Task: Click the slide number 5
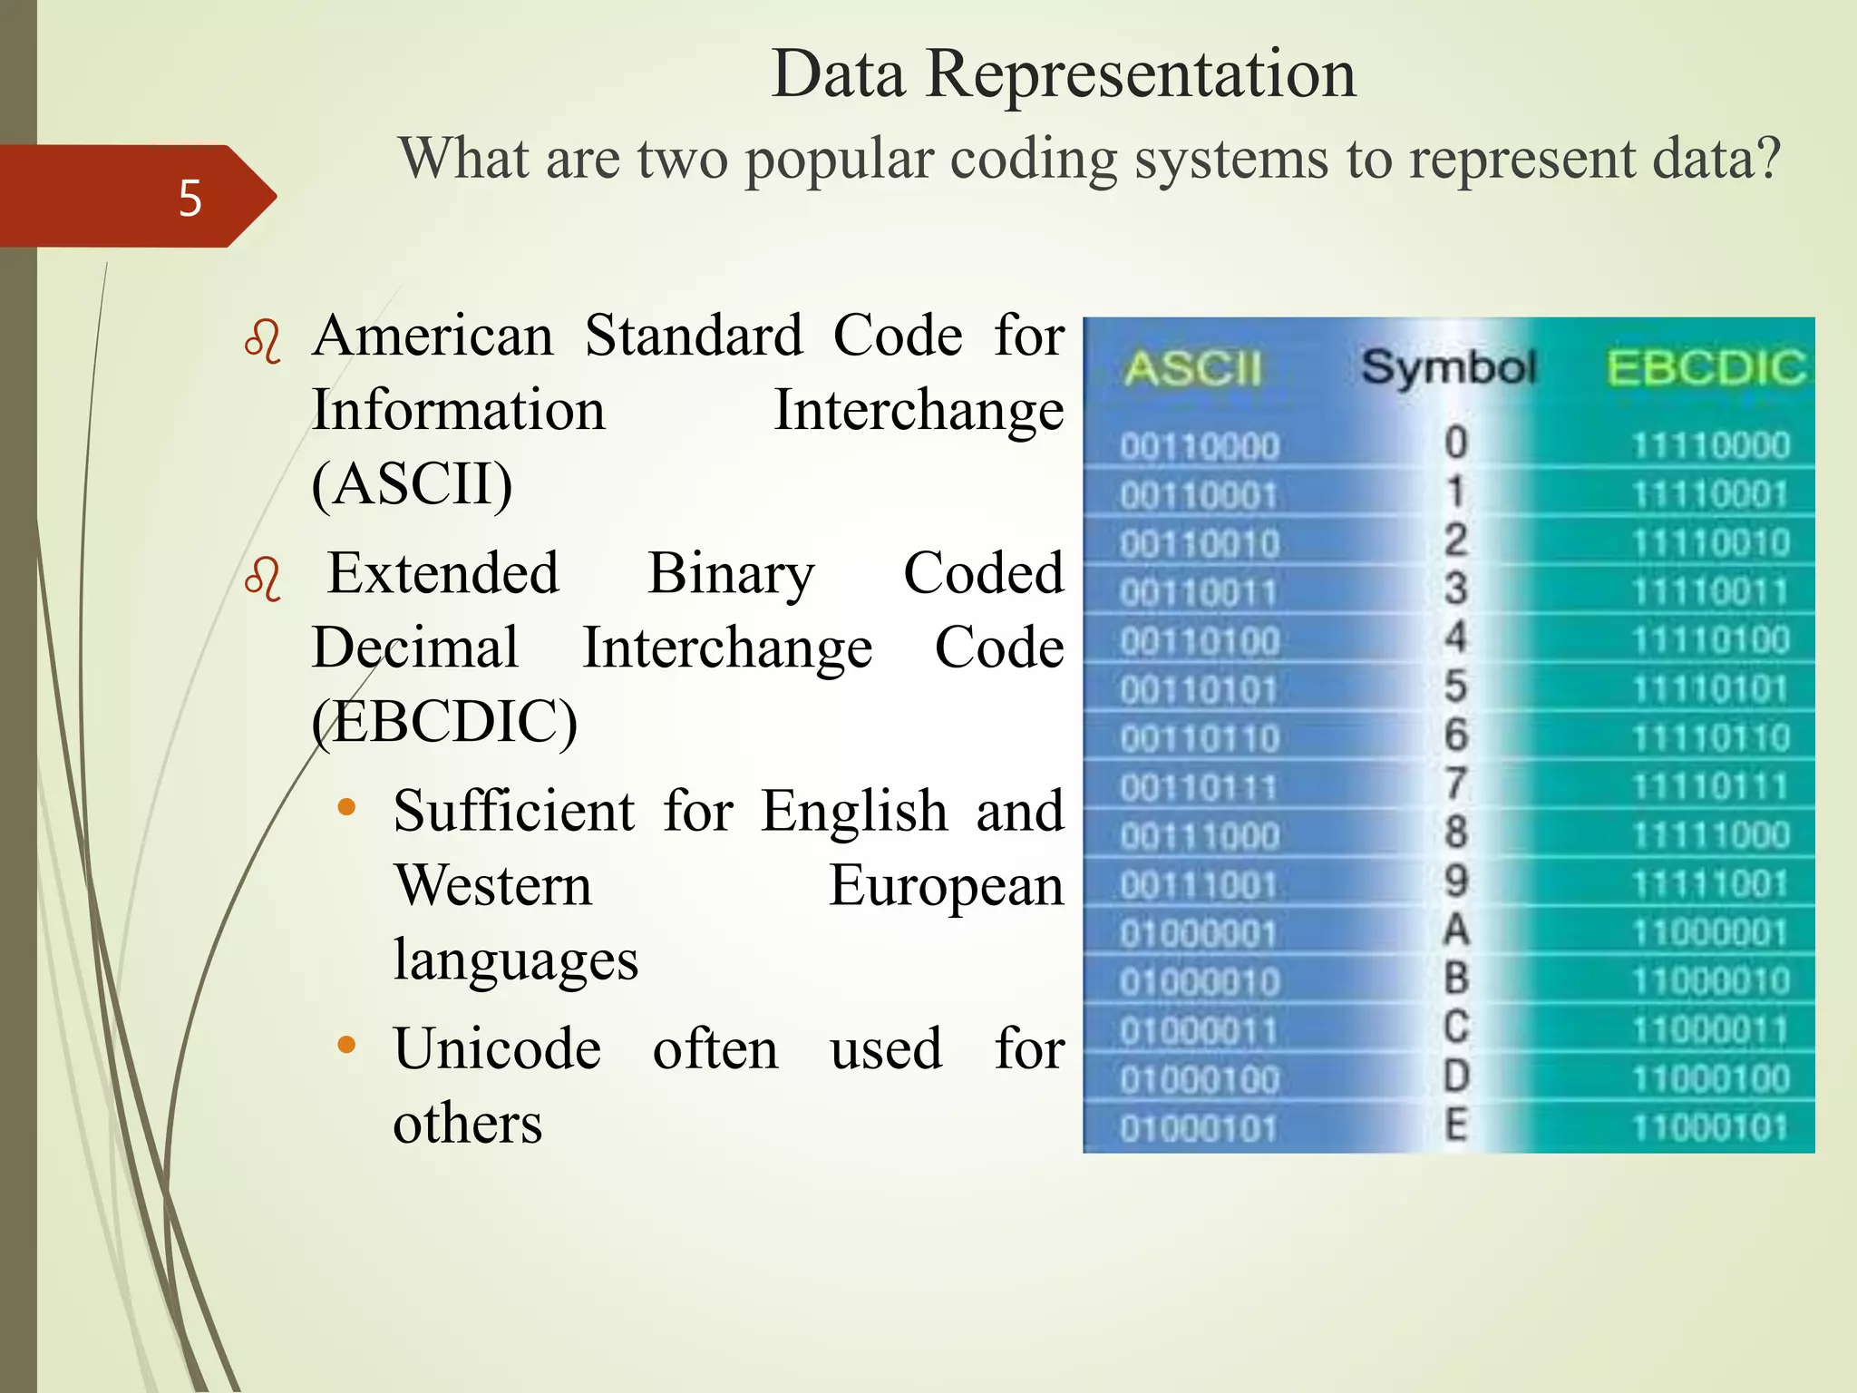point(190,198)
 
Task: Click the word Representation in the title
point(1140,74)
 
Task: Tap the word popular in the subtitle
point(839,160)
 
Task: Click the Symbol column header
point(1448,367)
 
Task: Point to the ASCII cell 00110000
point(1199,447)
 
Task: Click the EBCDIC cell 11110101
point(1710,690)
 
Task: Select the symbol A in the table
point(1455,930)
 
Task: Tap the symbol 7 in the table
point(1455,784)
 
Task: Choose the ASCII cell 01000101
point(1199,1129)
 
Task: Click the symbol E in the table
point(1455,1125)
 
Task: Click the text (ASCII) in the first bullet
point(413,484)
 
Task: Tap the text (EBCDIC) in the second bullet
point(444,723)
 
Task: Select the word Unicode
point(497,1050)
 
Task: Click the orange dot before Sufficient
point(345,808)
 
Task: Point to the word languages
point(515,960)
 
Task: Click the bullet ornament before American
point(263,343)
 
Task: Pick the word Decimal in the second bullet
point(415,648)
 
